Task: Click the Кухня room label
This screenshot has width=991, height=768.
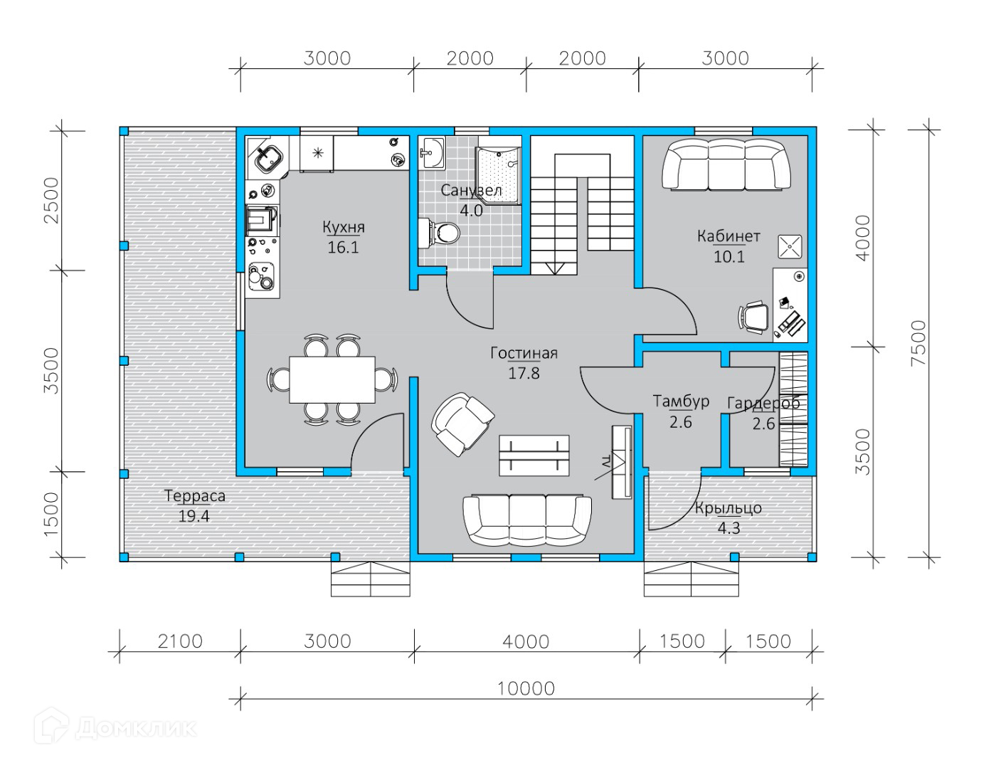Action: [344, 227]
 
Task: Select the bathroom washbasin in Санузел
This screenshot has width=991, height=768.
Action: [431, 153]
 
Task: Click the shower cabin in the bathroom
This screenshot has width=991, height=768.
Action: [498, 176]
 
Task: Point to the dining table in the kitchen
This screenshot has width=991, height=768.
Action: [332, 379]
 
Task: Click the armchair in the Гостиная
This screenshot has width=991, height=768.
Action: [462, 424]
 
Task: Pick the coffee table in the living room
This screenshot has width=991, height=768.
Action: [534, 456]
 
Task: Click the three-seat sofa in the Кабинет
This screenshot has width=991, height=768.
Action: [726, 164]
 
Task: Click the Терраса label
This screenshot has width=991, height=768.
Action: [195, 496]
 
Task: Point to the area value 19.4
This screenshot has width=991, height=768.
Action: [194, 516]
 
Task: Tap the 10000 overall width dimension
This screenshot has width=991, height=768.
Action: [526, 689]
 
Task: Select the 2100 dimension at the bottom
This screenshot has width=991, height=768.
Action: [180, 642]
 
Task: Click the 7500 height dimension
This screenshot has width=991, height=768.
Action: [918, 343]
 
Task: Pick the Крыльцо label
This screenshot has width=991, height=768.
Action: [728, 508]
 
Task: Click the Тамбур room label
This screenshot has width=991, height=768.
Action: [681, 401]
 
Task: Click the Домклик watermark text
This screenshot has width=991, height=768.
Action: [136, 729]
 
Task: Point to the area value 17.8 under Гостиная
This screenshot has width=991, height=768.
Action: [524, 373]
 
